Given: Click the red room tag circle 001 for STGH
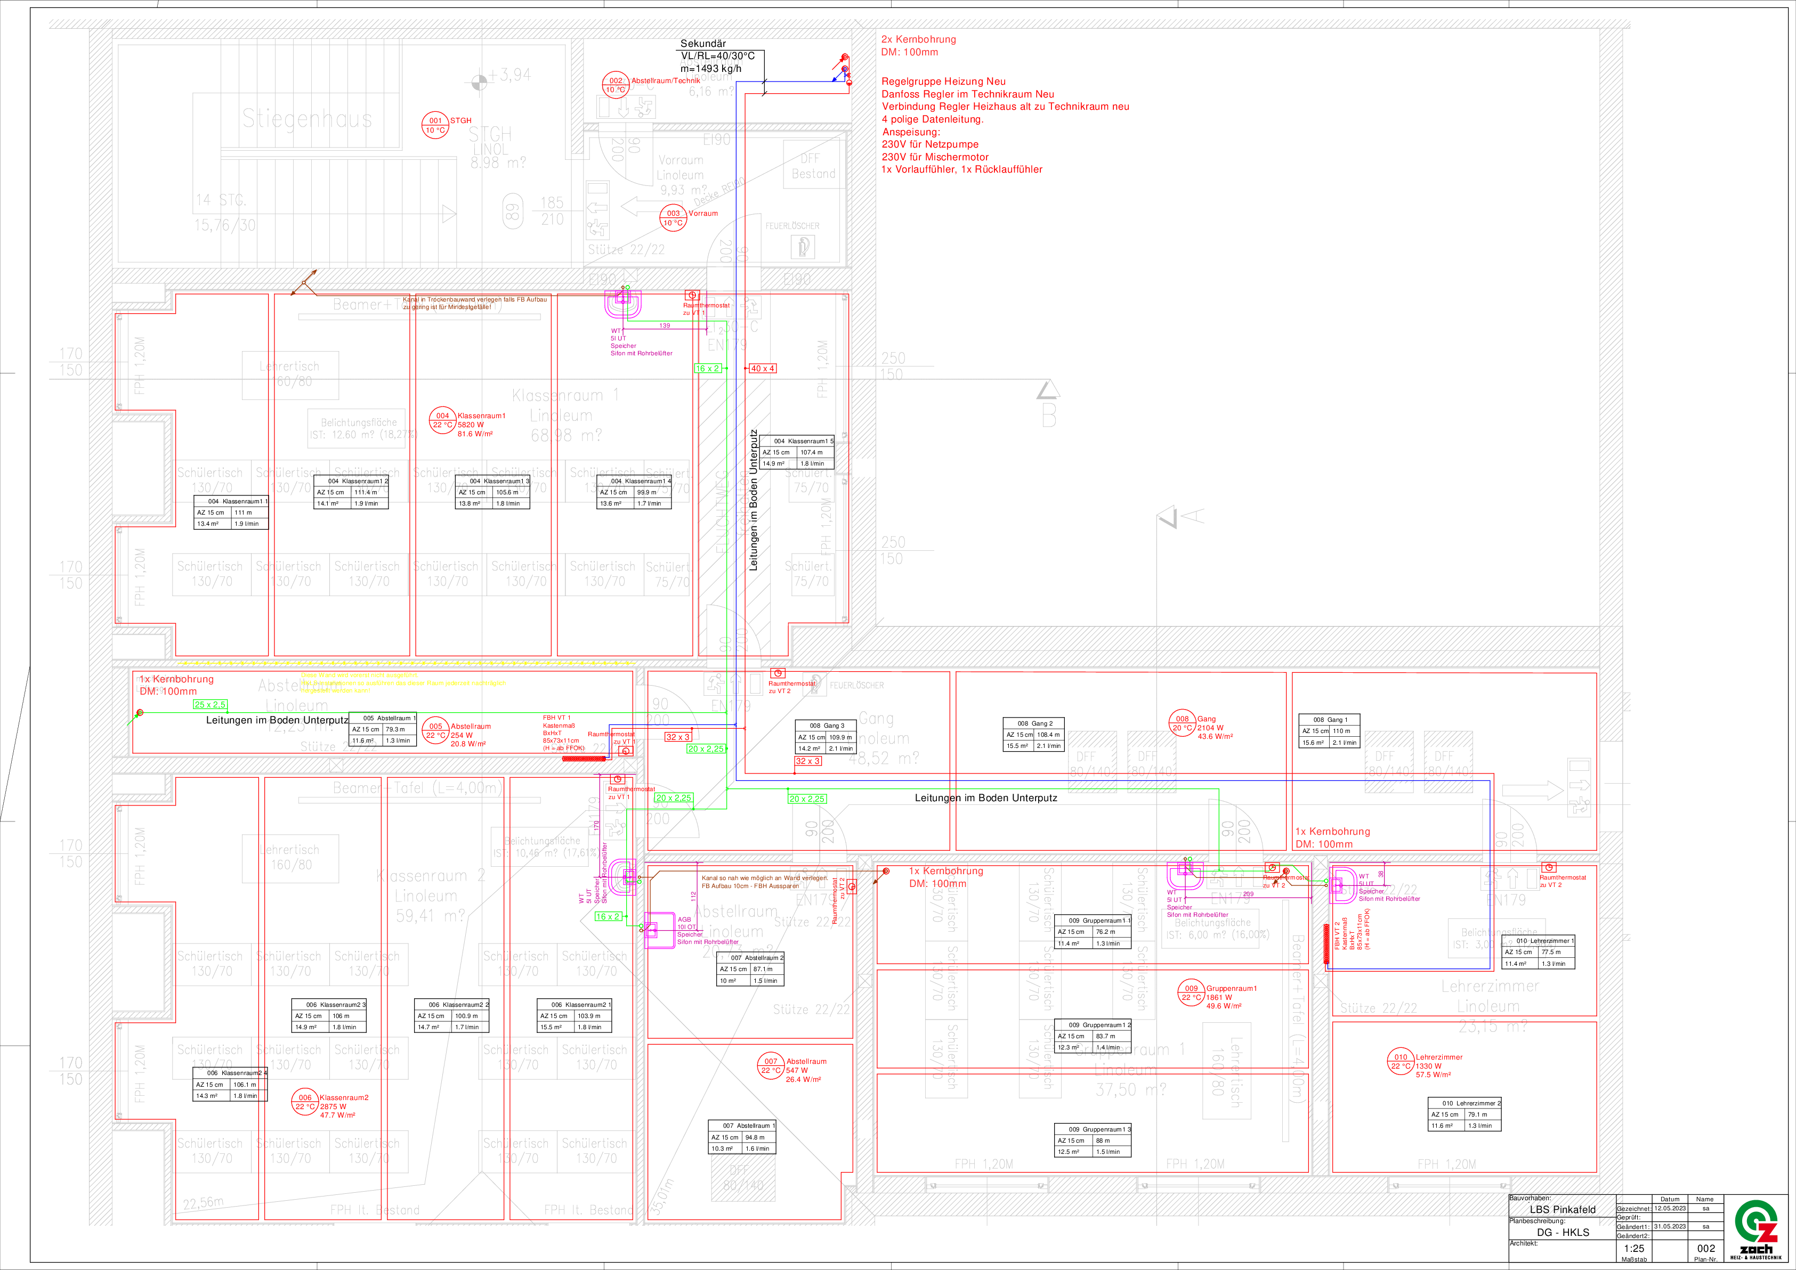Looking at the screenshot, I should (435, 125).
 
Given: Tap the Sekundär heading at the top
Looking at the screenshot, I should (702, 44).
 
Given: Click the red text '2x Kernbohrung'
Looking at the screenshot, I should (918, 39).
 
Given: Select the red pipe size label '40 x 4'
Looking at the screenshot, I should (762, 368).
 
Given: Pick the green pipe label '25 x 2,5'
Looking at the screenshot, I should (209, 705).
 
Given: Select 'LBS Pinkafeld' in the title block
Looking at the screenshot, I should (1562, 1209).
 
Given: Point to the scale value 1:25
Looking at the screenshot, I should (1633, 1248).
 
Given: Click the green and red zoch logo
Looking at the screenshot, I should (1756, 1228).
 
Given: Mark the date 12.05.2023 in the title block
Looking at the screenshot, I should (1669, 1208).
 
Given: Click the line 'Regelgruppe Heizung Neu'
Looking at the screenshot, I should (943, 82).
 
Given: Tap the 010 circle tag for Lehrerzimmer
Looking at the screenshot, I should (1400, 1061).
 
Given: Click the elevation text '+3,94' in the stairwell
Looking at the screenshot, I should (509, 75).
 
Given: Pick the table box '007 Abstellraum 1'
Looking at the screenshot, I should (741, 1137).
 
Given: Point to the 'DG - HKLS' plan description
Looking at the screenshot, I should (1562, 1233).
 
